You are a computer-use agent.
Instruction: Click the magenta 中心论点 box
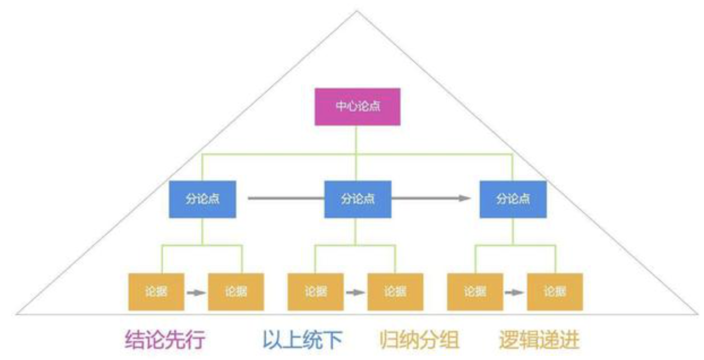click(x=357, y=106)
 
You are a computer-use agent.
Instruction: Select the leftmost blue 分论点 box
click(x=203, y=199)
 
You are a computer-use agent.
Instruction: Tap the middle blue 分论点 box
click(x=357, y=199)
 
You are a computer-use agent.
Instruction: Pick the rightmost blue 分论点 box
click(x=513, y=199)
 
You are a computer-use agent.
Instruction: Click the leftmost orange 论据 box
click(x=156, y=292)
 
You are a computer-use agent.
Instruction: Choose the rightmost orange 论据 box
click(x=555, y=292)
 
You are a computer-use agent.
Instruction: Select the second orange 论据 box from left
click(x=236, y=292)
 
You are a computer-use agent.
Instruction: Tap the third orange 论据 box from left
click(x=315, y=292)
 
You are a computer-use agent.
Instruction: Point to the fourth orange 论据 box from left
click(x=395, y=292)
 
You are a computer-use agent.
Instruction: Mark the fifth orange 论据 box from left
click(x=475, y=292)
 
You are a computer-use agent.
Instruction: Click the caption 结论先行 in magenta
click(x=165, y=339)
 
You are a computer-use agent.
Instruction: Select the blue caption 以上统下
click(x=303, y=339)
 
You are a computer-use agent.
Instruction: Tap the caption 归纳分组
click(x=419, y=339)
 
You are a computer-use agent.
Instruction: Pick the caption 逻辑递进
click(x=539, y=339)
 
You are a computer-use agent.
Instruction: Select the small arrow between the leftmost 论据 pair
click(x=196, y=293)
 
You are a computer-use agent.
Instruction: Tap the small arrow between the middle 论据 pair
click(x=355, y=293)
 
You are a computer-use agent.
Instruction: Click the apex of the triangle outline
click(x=357, y=10)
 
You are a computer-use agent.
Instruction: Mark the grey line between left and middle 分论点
click(x=286, y=198)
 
